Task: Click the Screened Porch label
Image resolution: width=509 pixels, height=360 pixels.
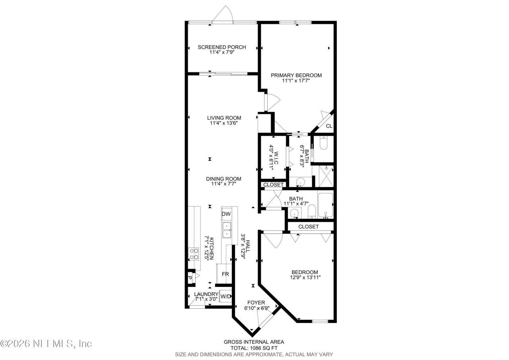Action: point(222,47)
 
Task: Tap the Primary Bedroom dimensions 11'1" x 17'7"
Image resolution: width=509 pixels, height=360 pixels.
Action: point(296,81)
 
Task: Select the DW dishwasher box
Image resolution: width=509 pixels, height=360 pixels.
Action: point(226,214)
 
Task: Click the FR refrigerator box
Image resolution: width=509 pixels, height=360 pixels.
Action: point(225,274)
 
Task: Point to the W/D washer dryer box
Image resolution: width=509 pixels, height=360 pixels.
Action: point(225,296)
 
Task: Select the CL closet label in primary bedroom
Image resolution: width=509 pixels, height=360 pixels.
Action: point(329,126)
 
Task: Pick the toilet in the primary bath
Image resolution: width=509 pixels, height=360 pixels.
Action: point(323,143)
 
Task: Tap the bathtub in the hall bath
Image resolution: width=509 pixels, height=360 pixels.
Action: point(325,205)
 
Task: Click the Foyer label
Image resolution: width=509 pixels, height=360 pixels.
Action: point(256,303)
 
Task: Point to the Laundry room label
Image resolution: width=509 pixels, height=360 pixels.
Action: point(206,294)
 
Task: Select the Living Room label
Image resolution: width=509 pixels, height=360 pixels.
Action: point(224,118)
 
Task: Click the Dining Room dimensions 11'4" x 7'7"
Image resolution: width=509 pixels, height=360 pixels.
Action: point(223,184)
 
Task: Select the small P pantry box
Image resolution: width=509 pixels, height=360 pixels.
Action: point(190,278)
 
